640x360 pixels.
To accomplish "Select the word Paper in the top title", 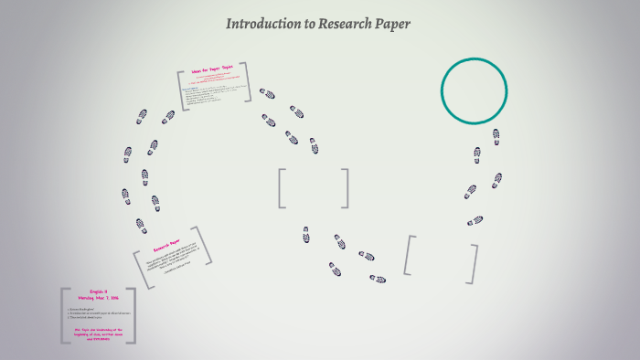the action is pos(392,24).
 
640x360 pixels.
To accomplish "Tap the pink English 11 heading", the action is pos(99,291).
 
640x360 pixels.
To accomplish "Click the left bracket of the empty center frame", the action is pos(282,188).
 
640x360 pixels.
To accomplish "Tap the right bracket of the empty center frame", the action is pos(346,188).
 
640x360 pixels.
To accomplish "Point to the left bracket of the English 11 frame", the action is pos(63,316).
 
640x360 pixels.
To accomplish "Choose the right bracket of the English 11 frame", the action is pos(133,316).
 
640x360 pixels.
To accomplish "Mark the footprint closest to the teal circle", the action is pos(496,135).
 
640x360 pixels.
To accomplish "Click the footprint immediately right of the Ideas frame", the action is pos(267,93).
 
